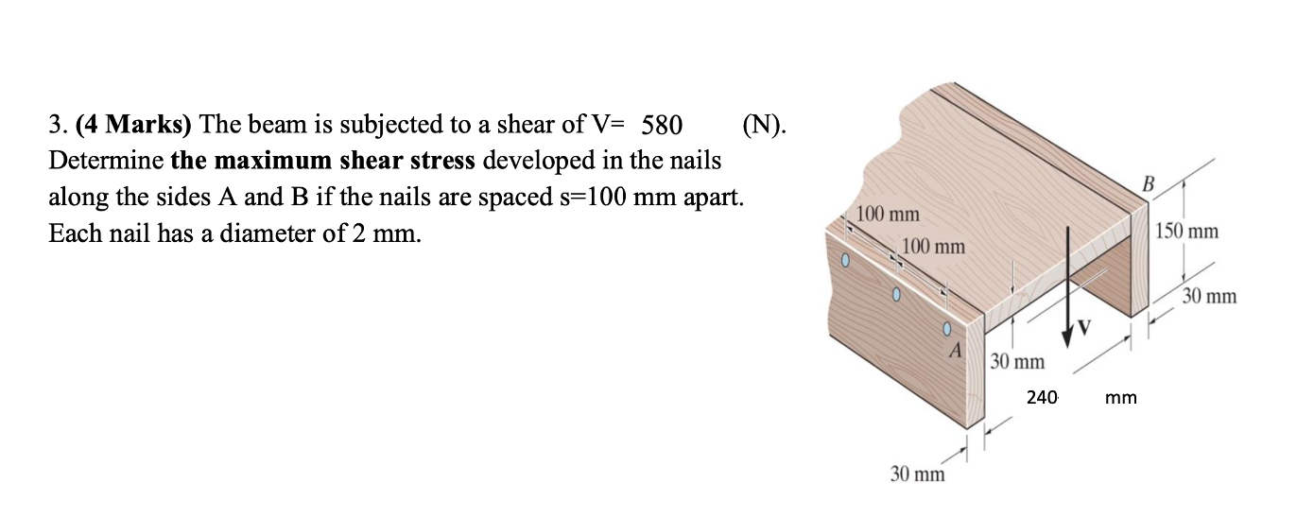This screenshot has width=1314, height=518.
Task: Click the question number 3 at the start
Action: point(55,125)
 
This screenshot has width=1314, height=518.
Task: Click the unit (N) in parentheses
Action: point(763,125)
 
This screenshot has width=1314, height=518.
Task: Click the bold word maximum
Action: point(262,161)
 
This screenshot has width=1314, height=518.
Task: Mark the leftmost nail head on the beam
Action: point(186,258)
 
